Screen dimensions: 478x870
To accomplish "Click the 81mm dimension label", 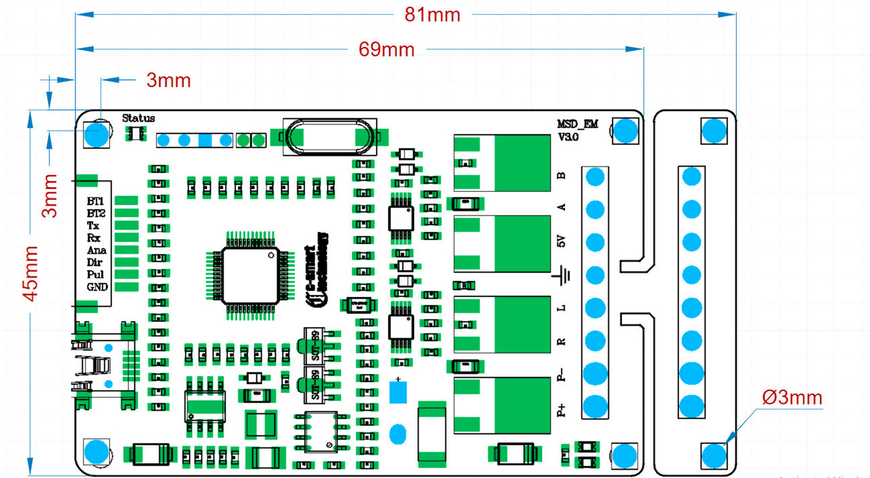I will coord(432,14).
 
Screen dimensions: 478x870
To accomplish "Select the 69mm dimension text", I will coord(386,50).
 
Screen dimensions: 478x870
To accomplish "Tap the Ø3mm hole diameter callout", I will coord(792,398).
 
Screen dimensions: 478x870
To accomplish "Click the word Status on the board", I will coord(138,118).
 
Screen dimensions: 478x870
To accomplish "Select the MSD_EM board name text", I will coord(578,124).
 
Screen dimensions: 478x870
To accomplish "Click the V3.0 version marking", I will coord(568,137).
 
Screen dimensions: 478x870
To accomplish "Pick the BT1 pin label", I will coord(96,201).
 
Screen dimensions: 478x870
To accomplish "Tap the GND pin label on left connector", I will coord(97,287).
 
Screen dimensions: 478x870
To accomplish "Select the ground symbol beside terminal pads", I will coord(561,275).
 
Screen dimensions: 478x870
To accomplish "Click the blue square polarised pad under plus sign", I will coord(398,392).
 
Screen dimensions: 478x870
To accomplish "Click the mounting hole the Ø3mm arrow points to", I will coord(713,455).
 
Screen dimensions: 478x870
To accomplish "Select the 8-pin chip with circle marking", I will coord(321,432).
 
